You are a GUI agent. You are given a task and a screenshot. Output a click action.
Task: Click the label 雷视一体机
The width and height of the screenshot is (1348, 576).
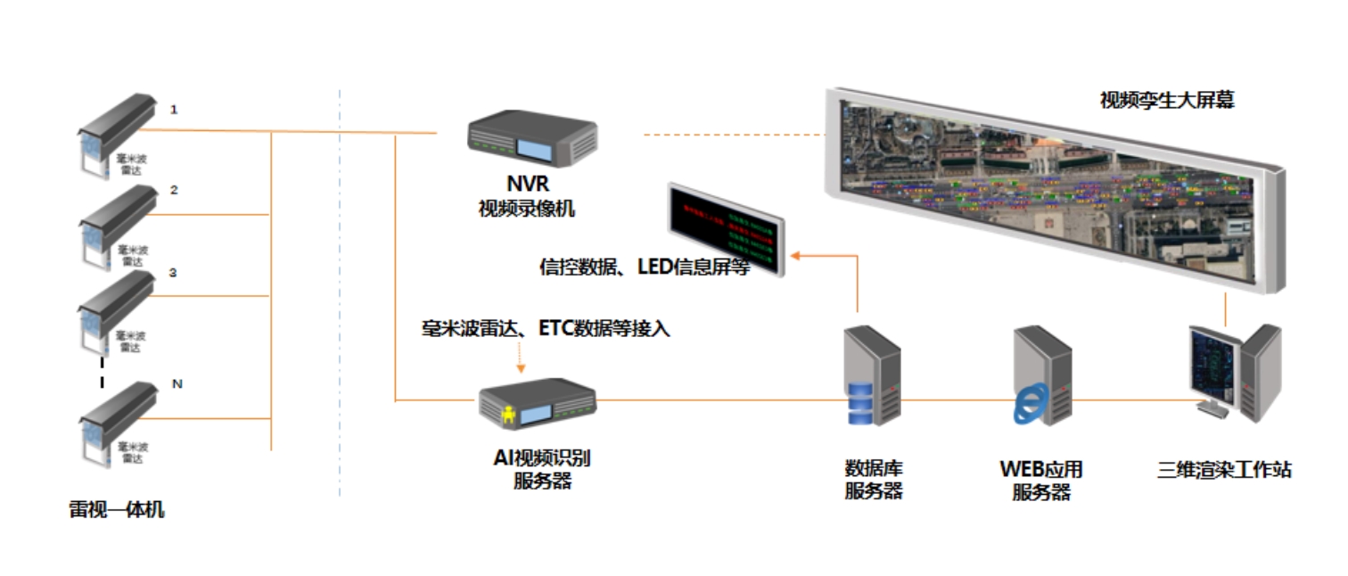tap(117, 510)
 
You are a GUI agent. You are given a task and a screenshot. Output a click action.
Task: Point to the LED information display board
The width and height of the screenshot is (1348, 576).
tap(724, 228)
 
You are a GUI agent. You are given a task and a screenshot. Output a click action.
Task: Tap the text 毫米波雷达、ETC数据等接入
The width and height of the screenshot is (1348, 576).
tap(545, 329)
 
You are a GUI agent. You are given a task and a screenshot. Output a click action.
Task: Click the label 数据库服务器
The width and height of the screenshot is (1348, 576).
tap(874, 479)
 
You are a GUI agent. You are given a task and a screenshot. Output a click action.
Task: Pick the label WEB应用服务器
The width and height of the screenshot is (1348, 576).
tap(1041, 479)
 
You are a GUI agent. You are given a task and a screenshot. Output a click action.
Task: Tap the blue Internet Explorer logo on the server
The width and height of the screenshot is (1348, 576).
tap(1030, 407)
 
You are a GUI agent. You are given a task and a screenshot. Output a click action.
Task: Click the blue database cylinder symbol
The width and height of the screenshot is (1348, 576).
tap(861, 402)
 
